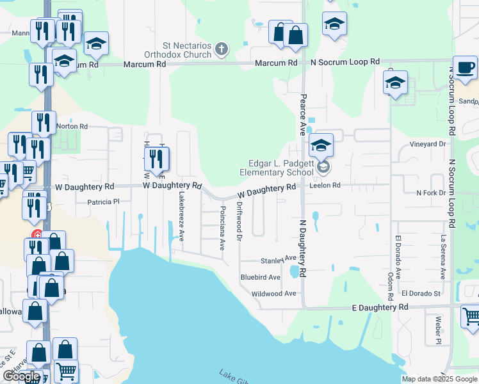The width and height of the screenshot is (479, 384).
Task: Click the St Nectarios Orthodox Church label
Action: tap(186, 50)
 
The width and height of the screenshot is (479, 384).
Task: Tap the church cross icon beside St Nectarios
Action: tap(221, 48)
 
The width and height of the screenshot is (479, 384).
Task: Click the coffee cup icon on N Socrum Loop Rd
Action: tap(465, 67)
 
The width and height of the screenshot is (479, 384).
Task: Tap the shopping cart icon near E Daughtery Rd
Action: tap(471, 316)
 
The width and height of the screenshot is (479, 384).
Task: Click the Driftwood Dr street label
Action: tap(239, 221)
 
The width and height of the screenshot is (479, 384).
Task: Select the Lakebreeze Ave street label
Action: tap(182, 216)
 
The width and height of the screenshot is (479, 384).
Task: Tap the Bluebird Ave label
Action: tap(260, 277)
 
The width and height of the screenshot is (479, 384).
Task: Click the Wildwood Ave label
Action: tap(274, 293)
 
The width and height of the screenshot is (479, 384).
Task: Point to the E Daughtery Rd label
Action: tap(380, 307)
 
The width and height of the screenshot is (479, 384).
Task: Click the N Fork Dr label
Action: tap(430, 193)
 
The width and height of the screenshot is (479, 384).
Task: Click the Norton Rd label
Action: tap(72, 126)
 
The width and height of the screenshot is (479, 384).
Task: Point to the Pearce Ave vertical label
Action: tap(302, 115)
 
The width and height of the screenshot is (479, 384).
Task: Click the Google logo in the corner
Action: tap(22, 376)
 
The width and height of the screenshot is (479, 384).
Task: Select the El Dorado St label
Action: tap(421, 293)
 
